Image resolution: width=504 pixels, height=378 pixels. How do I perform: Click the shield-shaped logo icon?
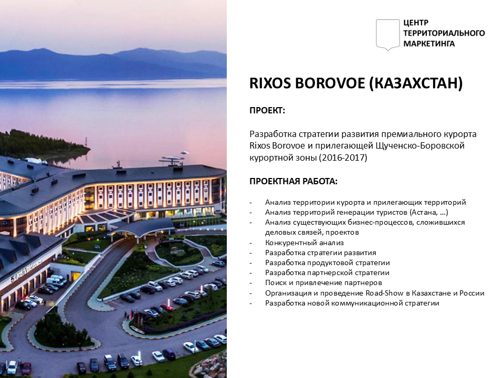pyautogui.click(x=387, y=35)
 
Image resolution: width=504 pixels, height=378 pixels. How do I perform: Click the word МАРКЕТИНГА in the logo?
pyautogui.click(x=429, y=44)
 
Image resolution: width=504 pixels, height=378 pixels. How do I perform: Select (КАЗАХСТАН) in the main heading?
pyautogui.click(x=416, y=83)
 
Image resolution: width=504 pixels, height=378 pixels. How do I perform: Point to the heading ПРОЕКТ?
pyautogui.click(x=267, y=111)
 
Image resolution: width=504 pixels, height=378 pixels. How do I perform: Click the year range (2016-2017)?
pyautogui.click(x=343, y=158)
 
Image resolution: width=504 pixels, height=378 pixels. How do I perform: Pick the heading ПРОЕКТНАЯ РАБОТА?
pyautogui.click(x=293, y=181)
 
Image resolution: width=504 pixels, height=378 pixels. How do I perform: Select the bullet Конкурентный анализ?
pyautogui.click(x=304, y=243)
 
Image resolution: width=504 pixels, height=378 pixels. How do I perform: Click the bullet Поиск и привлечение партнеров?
pyautogui.click(x=323, y=283)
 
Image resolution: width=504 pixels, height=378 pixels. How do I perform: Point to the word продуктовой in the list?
pyautogui.click(x=331, y=263)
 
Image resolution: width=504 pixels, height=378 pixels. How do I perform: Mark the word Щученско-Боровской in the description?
pyautogui.click(x=420, y=145)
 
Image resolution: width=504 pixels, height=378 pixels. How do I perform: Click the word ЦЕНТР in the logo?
pyautogui.click(x=416, y=23)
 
